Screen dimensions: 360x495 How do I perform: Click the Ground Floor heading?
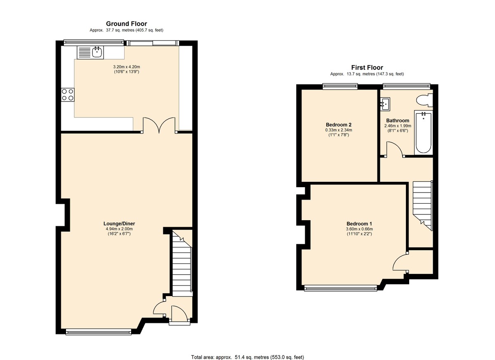coord(126,24)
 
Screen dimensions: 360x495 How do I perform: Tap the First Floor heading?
coord(367,68)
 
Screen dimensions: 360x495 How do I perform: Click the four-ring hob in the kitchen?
coord(67,95)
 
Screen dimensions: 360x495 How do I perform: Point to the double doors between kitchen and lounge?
coord(159,125)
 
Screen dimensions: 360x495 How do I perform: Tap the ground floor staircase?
coord(182,264)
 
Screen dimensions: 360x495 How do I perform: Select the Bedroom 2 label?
coord(338,125)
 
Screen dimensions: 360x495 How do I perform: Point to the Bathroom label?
coord(397,121)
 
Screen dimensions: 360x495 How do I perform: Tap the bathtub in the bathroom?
coord(423,132)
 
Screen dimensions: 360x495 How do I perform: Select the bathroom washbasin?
coord(385,104)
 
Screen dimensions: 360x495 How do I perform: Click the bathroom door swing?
coord(394,149)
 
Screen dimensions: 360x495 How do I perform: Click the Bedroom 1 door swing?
coord(400,262)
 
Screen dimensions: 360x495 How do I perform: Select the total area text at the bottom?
coord(247,357)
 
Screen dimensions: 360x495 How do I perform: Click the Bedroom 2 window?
coord(340,86)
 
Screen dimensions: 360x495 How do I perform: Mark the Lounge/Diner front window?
coord(99,331)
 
